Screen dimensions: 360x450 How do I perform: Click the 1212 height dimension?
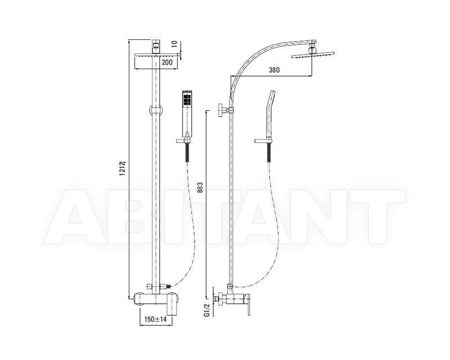coord(123,168)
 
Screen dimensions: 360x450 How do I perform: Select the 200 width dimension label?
coord(166,62)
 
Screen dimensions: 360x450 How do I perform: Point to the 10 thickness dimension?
coord(175,43)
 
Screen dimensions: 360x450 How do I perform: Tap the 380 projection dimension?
coord(273,70)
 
